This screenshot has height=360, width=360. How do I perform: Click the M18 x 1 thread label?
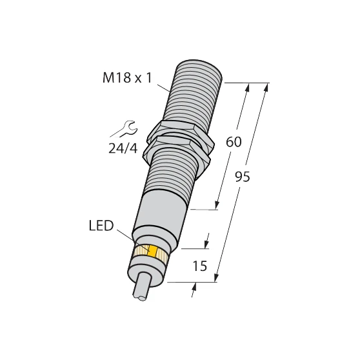click(x=128, y=78)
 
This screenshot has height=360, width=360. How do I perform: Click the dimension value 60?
click(x=234, y=143)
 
